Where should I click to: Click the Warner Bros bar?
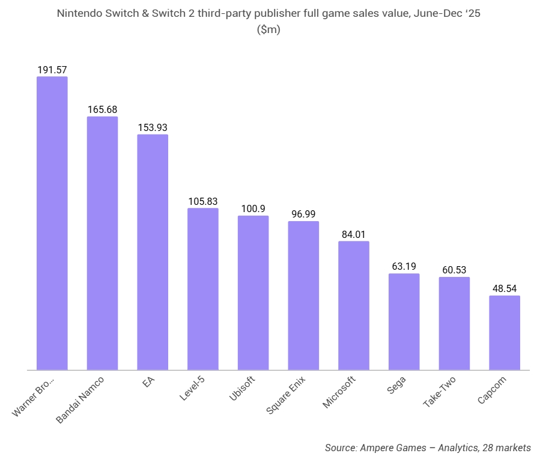click(x=52, y=223)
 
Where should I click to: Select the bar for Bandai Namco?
click(x=102, y=243)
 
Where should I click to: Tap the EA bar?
click(x=153, y=252)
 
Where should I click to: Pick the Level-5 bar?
click(x=203, y=289)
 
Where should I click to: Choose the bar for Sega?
click(x=404, y=321)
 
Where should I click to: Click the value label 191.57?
click(x=52, y=70)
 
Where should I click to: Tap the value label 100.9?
click(x=253, y=208)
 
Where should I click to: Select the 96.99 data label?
click(x=303, y=214)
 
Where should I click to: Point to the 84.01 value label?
click(x=354, y=234)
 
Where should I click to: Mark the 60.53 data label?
click(x=454, y=270)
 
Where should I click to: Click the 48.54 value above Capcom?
click(x=505, y=288)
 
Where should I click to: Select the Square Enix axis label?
click(x=287, y=396)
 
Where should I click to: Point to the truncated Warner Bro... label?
click(x=34, y=397)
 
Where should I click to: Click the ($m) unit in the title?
click(x=268, y=29)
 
